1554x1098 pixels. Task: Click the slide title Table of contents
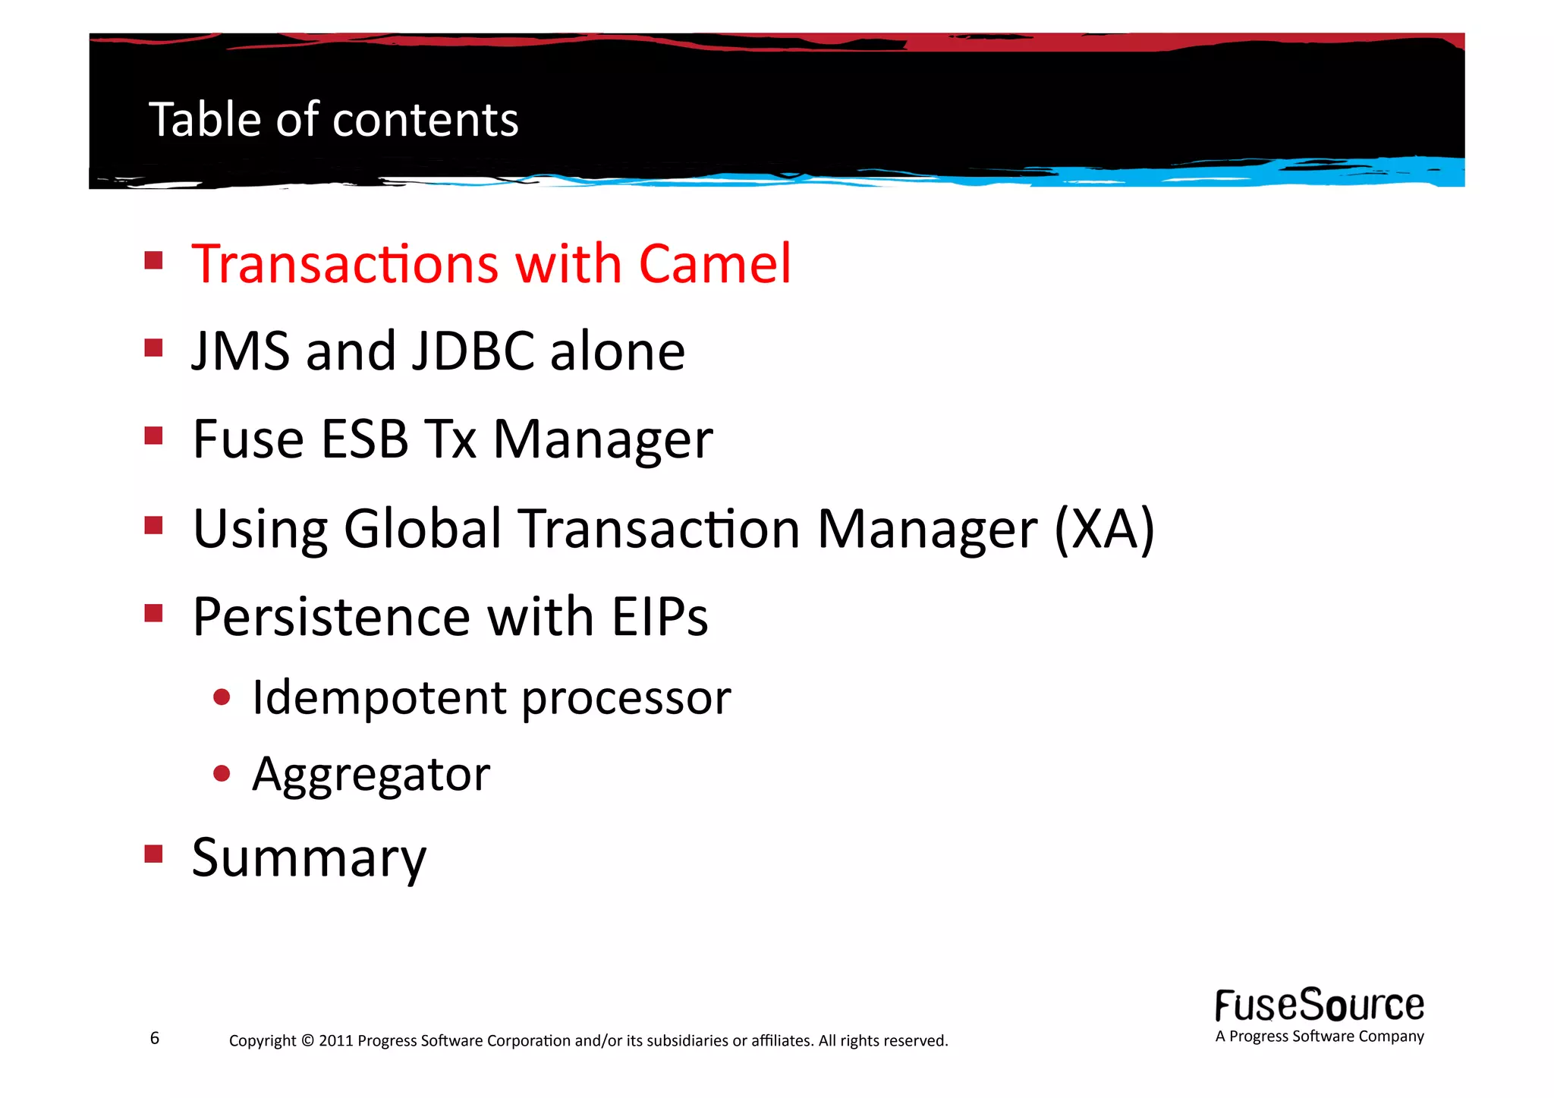coord(334,120)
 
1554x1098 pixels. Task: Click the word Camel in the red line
coord(715,264)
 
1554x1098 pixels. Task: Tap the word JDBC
coord(473,351)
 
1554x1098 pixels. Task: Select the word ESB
coord(365,439)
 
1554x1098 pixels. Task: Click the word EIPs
coord(659,616)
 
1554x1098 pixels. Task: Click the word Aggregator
coord(371,775)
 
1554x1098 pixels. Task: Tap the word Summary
coord(309,858)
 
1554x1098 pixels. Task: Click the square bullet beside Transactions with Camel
coord(154,261)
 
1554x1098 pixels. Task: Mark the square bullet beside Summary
coord(154,854)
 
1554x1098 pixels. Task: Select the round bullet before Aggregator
coord(222,773)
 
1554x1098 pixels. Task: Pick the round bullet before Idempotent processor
coord(222,697)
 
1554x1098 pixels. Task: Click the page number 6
coord(155,1038)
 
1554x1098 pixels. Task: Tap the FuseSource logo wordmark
coord(1320,1005)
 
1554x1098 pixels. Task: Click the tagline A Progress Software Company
coord(1320,1037)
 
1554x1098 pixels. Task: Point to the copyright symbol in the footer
coord(307,1041)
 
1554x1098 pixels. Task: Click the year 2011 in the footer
coord(335,1041)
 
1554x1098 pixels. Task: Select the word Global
coord(423,529)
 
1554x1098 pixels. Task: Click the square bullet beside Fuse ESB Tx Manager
coord(154,436)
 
